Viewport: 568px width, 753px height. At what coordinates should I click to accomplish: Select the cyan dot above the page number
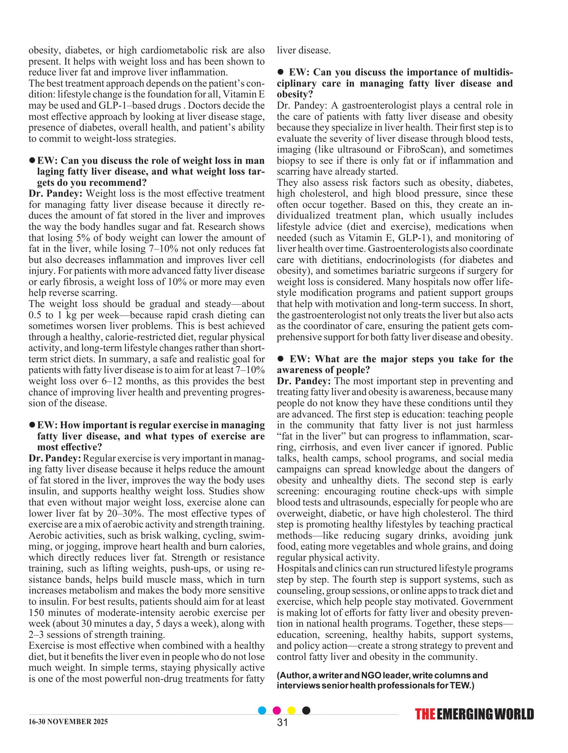263,710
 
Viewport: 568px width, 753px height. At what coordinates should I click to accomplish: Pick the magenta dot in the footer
277,710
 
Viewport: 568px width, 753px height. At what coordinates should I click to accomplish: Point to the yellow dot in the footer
291,710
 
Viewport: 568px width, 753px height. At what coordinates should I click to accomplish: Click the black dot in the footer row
306,710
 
